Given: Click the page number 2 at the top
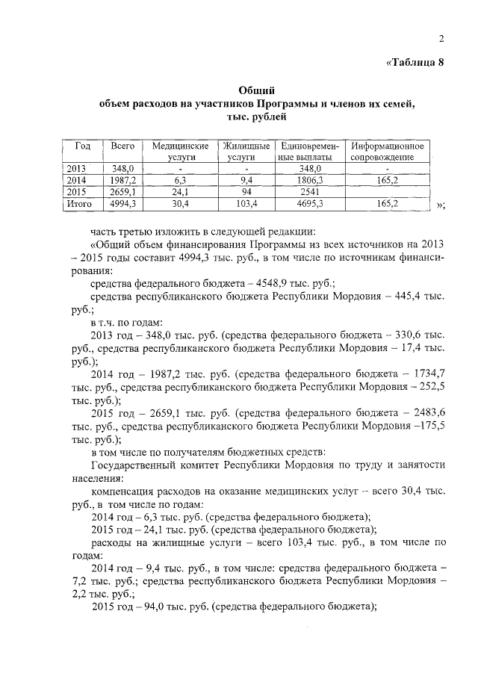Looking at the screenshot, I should [441, 39].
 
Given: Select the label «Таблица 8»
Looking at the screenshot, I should [415, 62].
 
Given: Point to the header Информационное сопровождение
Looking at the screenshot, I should [388, 152].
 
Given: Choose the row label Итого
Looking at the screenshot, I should [78, 203].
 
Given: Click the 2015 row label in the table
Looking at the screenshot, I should [77, 192].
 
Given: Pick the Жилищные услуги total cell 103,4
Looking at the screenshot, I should [244, 203].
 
